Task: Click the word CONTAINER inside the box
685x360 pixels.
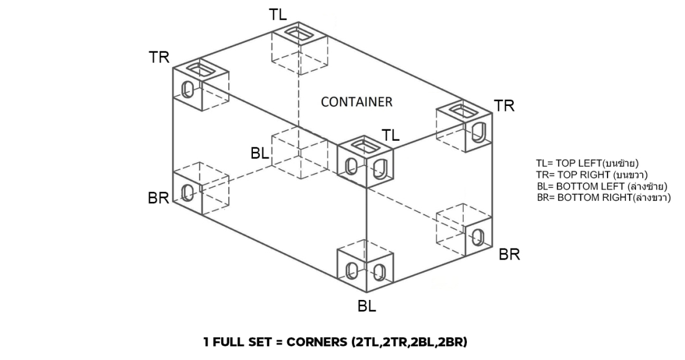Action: tap(356, 102)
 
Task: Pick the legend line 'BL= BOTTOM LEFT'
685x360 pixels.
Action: tap(601, 186)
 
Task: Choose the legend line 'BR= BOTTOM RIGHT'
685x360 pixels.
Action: tap(604, 197)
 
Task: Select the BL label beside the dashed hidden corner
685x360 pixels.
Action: tap(260, 153)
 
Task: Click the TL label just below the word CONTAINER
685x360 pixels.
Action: tap(391, 134)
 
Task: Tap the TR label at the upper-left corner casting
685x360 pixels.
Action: tap(159, 57)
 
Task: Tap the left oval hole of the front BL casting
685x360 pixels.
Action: tap(351, 271)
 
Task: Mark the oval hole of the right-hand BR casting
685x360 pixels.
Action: tap(478, 237)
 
